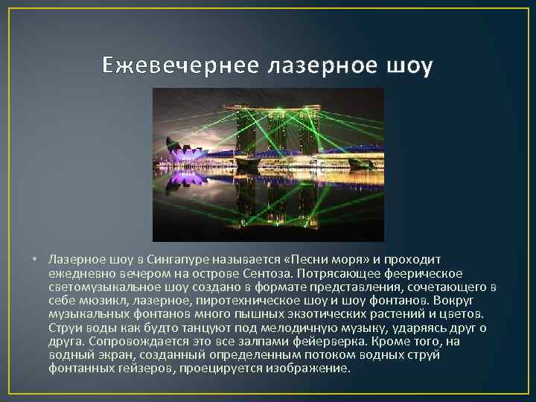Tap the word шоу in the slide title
pos(408,67)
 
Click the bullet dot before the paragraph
pos(35,260)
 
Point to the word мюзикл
pos(96,301)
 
